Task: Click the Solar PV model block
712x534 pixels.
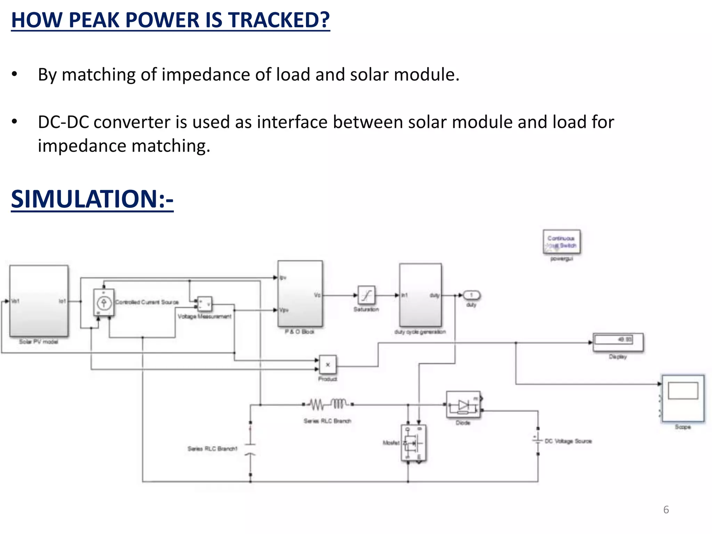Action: coord(39,301)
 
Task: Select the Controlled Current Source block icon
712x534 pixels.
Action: coord(104,302)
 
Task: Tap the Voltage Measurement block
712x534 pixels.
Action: coord(204,304)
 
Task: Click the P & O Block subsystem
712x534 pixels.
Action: coord(300,294)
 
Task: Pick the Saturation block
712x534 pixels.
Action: coord(366,295)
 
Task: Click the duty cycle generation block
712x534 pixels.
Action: coord(420,295)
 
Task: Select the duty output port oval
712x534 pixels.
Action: coord(471,295)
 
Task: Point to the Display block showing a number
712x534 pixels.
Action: coord(618,342)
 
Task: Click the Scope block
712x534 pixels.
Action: coord(683,398)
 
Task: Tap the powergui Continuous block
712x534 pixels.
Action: coord(561,242)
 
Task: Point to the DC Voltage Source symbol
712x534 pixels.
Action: coord(537,440)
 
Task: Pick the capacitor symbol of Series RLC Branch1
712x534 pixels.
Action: coord(250,449)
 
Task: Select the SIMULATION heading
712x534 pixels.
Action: coord(92,199)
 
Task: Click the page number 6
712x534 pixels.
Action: coord(666,510)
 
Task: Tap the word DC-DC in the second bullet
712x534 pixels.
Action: coord(63,122)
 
